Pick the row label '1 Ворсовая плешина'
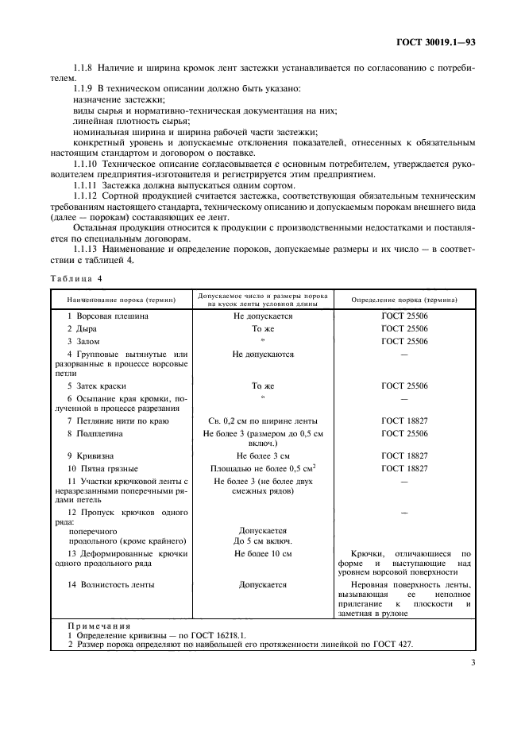point(107,316)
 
